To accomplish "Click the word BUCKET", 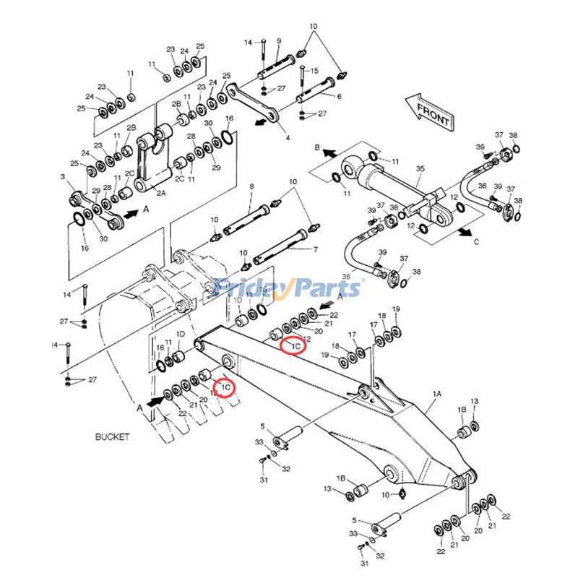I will [112, 437].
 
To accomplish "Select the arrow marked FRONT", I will [428, 111].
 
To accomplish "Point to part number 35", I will [420, 169].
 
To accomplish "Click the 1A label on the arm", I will [436, 394].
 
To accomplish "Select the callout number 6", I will [338, 96].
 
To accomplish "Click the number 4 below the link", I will [287, 137].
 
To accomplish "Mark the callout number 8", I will [251, 187].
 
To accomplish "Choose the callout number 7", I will [314, 249].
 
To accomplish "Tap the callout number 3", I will [63, 177].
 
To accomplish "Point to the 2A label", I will [160, 193].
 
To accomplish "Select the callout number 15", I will [314, 71].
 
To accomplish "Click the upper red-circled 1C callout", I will [294, 346].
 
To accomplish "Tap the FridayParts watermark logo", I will [289, 288].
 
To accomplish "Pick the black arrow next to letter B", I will [329, 153].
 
